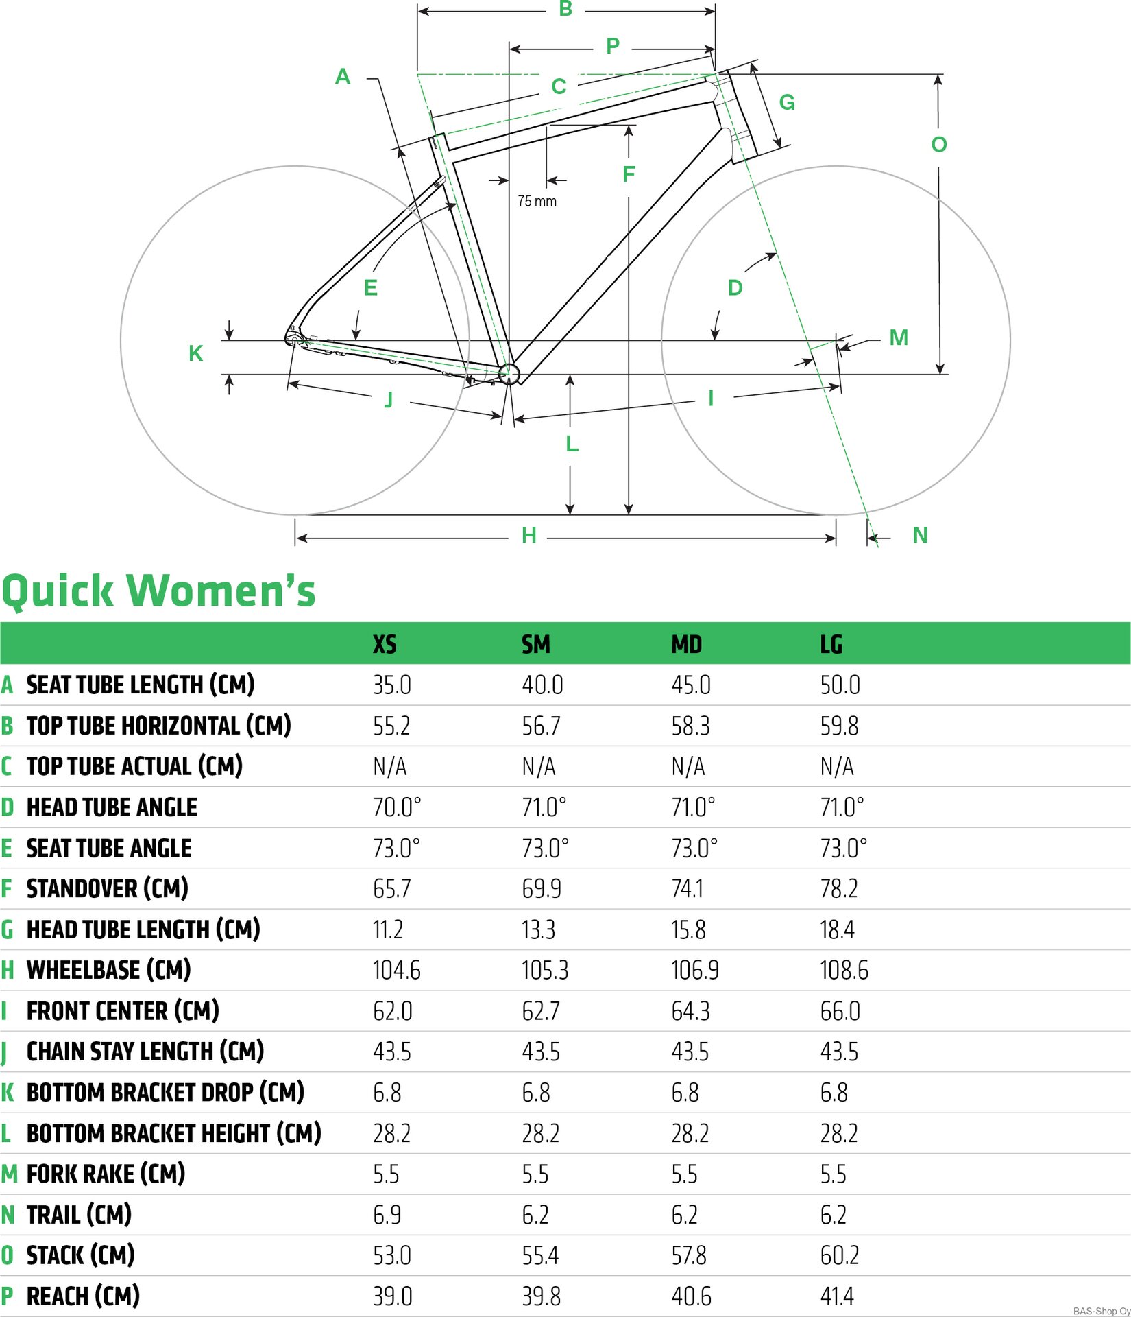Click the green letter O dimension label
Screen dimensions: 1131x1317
[x=939, y=144]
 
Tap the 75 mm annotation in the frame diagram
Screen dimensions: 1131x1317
[x=537, y=201]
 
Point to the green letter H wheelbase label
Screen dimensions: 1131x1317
[x=528, y=535]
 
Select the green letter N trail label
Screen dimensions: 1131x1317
[x=920, y=535]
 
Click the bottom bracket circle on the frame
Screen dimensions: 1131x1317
[x=509, y=374]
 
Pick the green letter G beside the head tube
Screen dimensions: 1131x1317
[x=787, y=102]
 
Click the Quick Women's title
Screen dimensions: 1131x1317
[x=158, y=590]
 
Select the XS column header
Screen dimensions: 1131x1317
[x=385, y=644]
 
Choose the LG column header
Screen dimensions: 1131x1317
[x=831, y=644]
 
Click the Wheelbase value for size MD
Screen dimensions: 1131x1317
[x=695, y=970]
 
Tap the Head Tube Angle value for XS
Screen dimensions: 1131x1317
[x=397, y=807]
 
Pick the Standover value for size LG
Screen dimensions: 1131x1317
[x=839, y=888]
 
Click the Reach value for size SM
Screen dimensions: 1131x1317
[x=541, y=1296]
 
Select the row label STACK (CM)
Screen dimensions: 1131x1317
[x=80, y=1255]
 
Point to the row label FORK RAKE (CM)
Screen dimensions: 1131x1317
[x=106, y=1173]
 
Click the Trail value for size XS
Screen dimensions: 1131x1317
[x=387, y=1214]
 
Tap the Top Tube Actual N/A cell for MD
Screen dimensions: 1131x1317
[x=688, y=766]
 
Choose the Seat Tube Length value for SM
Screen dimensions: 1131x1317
[x=542, y=685]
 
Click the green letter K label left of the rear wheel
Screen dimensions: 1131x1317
[x=195, y=353]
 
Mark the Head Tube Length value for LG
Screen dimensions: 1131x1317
[x=837, y=929]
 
